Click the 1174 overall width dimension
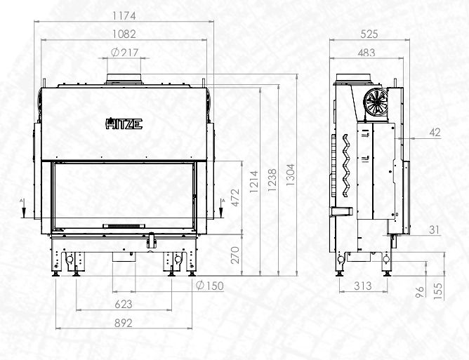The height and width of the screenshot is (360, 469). pos(124,16)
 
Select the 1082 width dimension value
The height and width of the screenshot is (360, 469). pos(124,34)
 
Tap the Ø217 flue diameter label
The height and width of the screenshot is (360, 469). pos(125,53)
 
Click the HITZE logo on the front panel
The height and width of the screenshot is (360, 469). pos(124,124)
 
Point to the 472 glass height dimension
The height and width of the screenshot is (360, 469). pos(236,198)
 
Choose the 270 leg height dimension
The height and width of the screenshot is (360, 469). pos(236,255)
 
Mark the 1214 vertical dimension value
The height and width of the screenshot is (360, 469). pos(254,182)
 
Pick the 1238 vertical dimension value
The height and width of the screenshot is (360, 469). pos(272,180)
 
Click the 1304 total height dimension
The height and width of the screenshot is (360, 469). pos(291,175)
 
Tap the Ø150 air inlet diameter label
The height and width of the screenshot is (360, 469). pos(210,286)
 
